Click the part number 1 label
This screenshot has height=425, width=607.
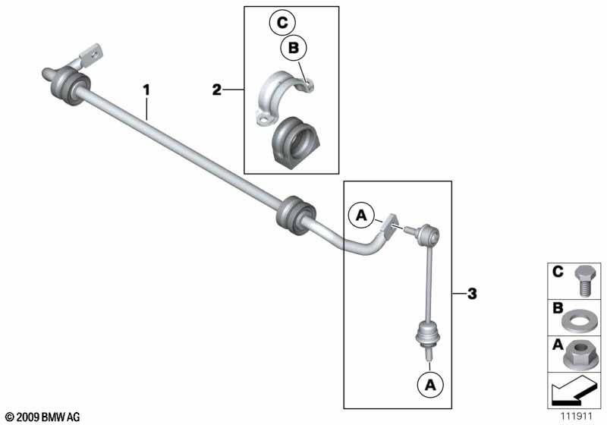pyautogui.click(x=146, y=90)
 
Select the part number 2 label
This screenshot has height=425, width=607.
pyautogui.click(x=217, y=90)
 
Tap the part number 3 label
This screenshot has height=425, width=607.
pyautogui.click(x=472, y=294)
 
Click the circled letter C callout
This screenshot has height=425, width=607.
pyautogui.click(x=282, y=23)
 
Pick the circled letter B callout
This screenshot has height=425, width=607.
pyautogui.click(x=294, y=48)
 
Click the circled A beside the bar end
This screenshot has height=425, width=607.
pyautogui.click(x=361, y=215)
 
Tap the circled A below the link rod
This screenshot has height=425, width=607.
pyautogui.click(x=430, y=385)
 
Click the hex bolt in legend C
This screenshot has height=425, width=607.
pyautogui.click(x=584, y=281)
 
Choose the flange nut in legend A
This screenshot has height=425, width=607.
pyautogui.click(x=579, y=355)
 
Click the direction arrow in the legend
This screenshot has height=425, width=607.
pyautogui.click(x=574, y=392)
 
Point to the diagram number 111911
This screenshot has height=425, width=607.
pyautogui.click(x=577, y=416)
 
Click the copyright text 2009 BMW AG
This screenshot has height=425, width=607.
pyautogui.click(x=42, y=417)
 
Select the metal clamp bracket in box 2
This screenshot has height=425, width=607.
pyautogui.click(x=282, y=97)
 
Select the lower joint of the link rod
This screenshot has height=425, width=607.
pyautogui.click(x=428, y=336)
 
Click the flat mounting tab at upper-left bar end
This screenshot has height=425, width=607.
pyautogui.click(x=92, y=55)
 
